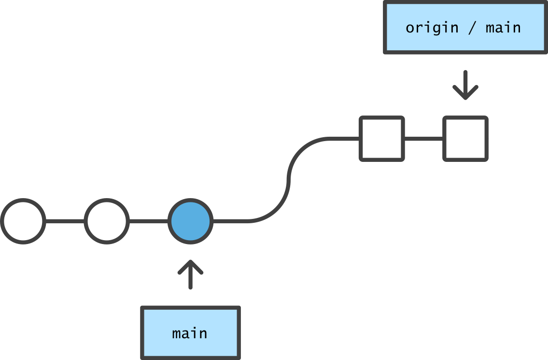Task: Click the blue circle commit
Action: pos(191,221)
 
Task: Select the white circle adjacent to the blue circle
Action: pos(107,221)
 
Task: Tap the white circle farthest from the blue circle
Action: pos(23,221)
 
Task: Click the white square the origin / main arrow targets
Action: pos(465,139)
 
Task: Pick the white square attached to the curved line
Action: pos(381,139)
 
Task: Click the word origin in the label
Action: pos(432,28)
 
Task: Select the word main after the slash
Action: pos(503,28)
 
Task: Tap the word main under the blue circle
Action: pos(190,333)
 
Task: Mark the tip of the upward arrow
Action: pos(190,261)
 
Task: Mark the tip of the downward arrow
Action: pos(465,99)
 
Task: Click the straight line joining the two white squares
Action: pos(423,139)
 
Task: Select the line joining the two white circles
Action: pos(65,221)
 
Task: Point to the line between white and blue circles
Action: pos(149,221)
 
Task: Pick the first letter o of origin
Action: pos(410,28)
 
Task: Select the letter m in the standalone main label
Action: pos(177,334)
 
